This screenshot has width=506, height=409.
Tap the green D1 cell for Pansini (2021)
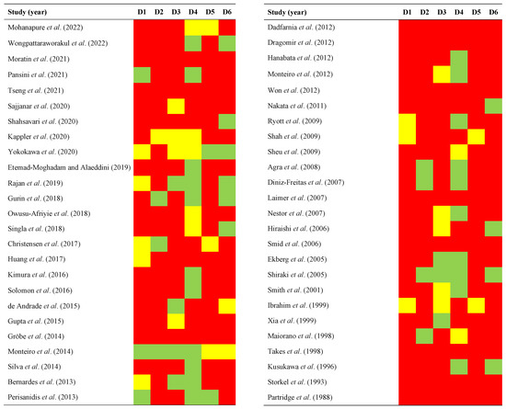143,74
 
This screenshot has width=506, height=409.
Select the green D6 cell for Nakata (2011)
493,106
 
